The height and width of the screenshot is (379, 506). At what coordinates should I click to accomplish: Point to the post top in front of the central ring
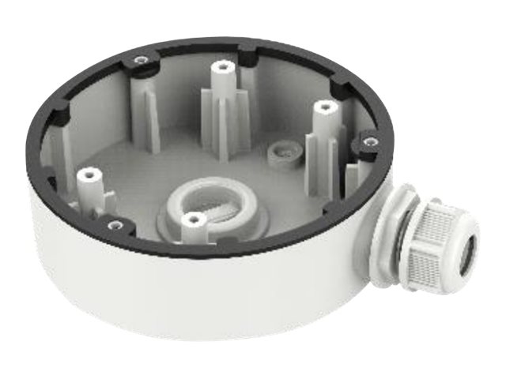coord(191,219)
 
